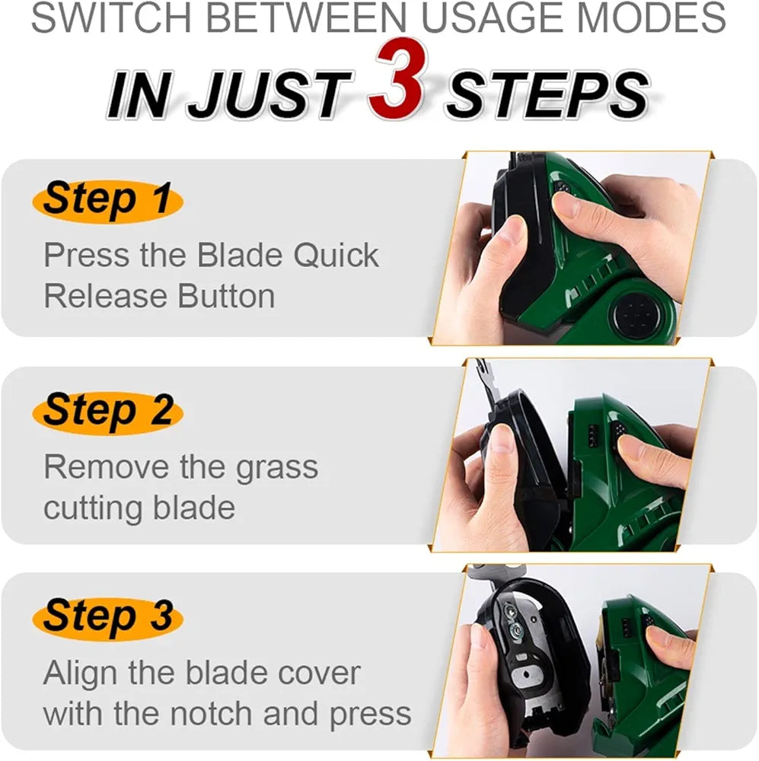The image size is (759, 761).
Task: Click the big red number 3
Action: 397,78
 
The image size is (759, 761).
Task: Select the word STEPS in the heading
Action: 547,95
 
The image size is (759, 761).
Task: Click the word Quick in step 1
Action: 336,256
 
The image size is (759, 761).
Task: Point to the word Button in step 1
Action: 226,296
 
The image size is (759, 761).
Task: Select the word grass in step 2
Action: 277,469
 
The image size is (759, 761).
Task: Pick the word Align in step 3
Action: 80,674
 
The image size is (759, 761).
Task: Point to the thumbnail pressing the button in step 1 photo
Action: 566,204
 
